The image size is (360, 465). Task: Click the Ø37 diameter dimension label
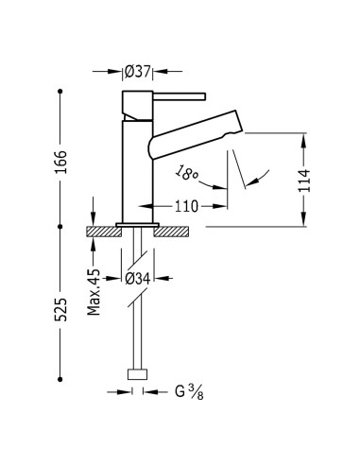click(x=138, y=72)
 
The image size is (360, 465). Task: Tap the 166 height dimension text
click(x=60, y=162)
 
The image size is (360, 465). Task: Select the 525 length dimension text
click(x=60, y=309)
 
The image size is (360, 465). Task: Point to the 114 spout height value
click(x=304, y=181)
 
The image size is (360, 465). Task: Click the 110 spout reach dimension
click(x=187, y=206)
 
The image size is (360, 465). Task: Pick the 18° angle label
click(x=186, y=173)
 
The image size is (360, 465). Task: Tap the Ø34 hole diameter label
click(x=138, y=279)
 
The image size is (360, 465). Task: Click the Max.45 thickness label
click(x=94, y=292)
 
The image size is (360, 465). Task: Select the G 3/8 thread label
click(x=189, y=392)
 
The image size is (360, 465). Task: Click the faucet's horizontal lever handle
click(x=180, y=96)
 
